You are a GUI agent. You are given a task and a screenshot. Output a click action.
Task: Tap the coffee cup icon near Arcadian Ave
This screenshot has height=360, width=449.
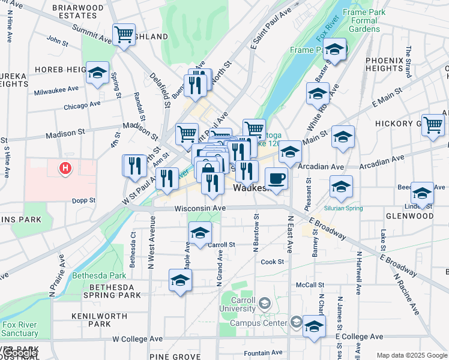pos(276,179)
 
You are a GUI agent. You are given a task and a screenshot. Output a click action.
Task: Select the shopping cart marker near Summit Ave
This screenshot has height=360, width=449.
pos(124,35)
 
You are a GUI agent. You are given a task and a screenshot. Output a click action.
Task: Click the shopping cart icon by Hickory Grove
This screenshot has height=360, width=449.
pos(432,125)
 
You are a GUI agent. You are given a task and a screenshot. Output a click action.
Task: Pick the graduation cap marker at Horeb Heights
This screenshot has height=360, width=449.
pos(97,73)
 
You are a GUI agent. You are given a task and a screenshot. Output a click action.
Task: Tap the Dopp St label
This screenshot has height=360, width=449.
pos(84,200)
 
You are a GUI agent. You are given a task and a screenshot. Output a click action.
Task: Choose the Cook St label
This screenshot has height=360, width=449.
pos(272,262)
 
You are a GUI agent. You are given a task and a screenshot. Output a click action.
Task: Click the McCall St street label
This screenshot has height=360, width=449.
pos(310,285)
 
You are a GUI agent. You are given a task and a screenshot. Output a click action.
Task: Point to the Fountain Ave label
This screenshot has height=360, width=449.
pos(264,353)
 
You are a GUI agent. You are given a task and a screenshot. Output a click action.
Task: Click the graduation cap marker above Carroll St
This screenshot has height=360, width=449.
pos(200,233)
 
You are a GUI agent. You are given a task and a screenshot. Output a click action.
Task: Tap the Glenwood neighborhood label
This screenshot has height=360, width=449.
pos(409,216)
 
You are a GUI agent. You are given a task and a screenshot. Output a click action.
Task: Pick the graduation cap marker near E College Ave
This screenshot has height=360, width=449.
pos(313,326)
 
